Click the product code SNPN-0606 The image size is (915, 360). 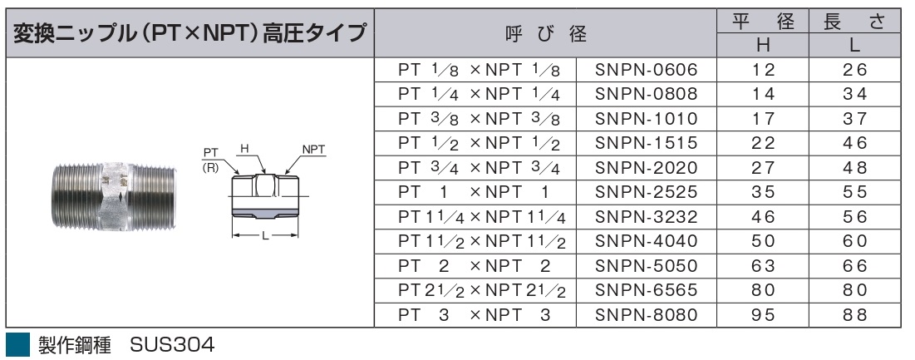(646, 70)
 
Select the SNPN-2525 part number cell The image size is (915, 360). (646, 193)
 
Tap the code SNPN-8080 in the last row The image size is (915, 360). (646, 316)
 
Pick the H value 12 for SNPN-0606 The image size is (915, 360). (763, 70)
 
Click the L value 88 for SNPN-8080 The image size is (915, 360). (855, 316)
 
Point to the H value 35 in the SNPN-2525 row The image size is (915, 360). (763, 193)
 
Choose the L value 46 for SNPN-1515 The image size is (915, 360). (855, 144)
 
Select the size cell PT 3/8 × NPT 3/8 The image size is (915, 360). (479, 119)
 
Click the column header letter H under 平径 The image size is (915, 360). (763, 46)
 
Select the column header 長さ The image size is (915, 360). (855, 22)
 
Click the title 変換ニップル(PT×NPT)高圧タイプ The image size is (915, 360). (189, 33)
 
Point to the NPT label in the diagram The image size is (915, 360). (314, 150)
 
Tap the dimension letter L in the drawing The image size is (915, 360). (265, 236)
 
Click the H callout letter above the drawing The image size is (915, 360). (244, 150)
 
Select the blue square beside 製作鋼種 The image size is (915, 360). (17, 345)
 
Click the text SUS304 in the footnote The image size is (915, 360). (172, 345)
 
